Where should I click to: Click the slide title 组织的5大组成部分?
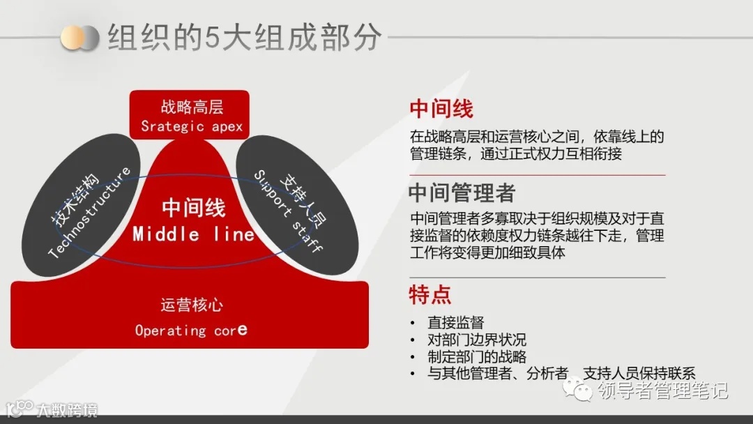tap(244, 38)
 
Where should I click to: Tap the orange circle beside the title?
tap(72, 38)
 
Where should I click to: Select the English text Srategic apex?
tap(192, 126)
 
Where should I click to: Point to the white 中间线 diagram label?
tap(194, 208)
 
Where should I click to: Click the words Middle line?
tap(194, 234)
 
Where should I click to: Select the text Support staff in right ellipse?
tap(287, 211)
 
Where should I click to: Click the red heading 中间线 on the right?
tap(441, 109)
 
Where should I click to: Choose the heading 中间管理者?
tap(462, 192)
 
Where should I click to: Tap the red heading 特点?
tap(430, 294)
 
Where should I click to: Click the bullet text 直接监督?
tap(455, 322)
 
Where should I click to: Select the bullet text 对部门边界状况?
tap(477, 340)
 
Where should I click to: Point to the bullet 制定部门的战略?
tap(477, 356)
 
